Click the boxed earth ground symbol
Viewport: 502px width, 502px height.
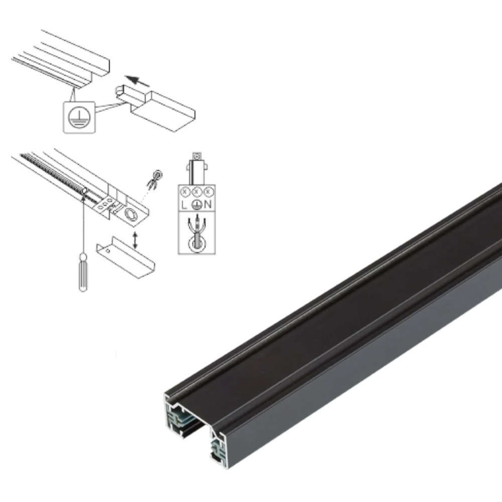[79, 117]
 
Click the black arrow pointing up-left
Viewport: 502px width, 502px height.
[137, 81]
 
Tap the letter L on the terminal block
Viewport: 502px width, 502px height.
[184, 205]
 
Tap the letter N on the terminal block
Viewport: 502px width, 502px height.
[208, 204]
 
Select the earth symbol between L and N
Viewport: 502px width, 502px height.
[197, 205]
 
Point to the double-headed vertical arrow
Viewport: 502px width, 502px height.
[135, 240]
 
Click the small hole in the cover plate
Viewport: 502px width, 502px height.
[108, 250]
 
